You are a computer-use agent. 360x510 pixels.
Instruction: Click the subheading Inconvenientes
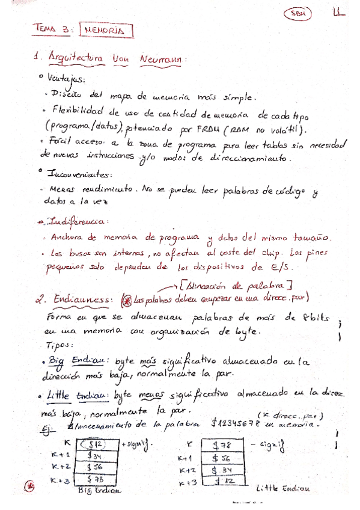(x=76, y=174)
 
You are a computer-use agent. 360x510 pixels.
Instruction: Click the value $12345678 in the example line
(x=236, y=423)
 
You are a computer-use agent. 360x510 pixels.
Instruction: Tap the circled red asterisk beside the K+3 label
(x=27, y=484)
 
